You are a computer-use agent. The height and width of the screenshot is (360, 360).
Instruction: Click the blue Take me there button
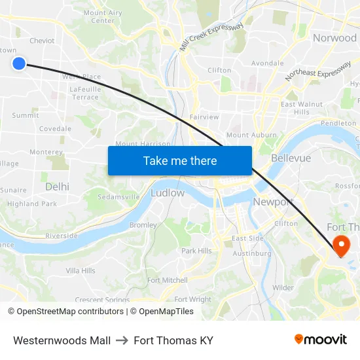pyautogui.click(x=179, y=160)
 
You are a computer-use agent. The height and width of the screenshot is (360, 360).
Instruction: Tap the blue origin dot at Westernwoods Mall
pyautogui.click(x=18, y=63)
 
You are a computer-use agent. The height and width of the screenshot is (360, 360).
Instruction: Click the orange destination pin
pyautogui.click(x=341, y=245)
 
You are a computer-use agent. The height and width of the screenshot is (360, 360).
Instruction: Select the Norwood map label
pyautogui.click(x=334, y=38)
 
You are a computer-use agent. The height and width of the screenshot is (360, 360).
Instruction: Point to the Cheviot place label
pyautogui.click(x=42, y=41)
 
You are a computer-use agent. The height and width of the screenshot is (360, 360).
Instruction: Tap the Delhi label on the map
pyautogui.click(x=57, y=187)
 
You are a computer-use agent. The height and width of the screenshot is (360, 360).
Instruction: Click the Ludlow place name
pyautogui.click(x=168, y=193)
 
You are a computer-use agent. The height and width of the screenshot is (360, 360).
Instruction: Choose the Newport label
pyautogui.click(x=272, y=202)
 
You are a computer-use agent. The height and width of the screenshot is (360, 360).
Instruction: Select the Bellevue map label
pyautogui.click(x=291, y=158)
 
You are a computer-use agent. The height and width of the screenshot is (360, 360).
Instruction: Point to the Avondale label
pyautogui.click(x=267, y=63)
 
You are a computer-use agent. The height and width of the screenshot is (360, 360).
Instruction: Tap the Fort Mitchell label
pyautogui.click(x=168, y=280)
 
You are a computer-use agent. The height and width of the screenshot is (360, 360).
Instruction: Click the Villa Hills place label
pyautogui.click(x=81, y=270)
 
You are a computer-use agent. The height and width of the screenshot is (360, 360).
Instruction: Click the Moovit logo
pyautogui.click(x=321, y=339)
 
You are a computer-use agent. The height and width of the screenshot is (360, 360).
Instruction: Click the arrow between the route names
pyautogui.click(x=122, y=340)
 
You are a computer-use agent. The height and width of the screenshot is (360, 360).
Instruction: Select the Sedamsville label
pyautogui.click(x=118, y=196)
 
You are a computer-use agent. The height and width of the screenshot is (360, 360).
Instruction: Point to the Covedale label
pyautogui.click(x=55, y=129)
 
